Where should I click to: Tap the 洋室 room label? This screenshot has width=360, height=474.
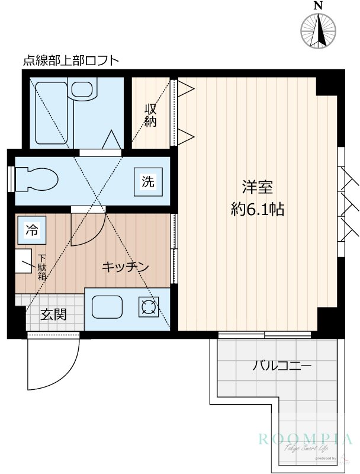[x=257, y=187]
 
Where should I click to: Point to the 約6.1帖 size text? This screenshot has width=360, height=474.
[x=257, y=209]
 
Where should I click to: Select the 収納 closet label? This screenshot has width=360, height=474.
[x=152, y=116]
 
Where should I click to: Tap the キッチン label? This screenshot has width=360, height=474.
[x=125, y=267]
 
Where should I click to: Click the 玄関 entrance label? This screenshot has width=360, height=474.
[x=53, y=315]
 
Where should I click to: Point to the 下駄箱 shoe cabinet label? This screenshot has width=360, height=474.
[x=43, y=267]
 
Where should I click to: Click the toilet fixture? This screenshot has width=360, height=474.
[x=36, y=177]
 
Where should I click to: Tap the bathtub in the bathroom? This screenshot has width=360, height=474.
[x=50, y=113]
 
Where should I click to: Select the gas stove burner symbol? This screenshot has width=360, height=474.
[x=147, y=307]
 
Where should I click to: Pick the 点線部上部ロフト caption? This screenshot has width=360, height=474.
[x=70, y=60]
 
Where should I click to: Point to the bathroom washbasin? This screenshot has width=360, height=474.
[x=81, y=90]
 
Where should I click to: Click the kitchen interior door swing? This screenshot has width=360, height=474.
[x=89, y=228]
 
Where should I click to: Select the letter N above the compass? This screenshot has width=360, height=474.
[x=319, y=5]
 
